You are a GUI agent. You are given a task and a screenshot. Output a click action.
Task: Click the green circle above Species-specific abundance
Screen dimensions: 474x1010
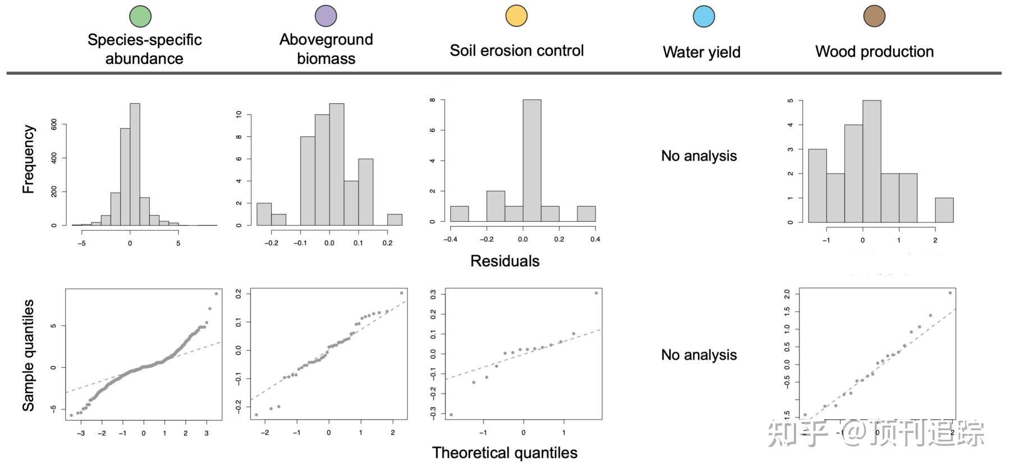(140, 16)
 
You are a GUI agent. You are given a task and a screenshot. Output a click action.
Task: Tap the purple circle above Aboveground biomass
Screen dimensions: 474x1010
(326, 16)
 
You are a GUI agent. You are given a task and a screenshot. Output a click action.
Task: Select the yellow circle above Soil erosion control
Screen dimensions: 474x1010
(516, 16)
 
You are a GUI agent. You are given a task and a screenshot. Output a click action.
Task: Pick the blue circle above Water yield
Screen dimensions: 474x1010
(703, 16)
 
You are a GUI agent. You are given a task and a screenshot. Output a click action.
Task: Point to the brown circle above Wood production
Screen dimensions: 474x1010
(874, 16)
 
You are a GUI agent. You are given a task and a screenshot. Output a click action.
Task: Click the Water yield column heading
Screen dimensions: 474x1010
(701, 52)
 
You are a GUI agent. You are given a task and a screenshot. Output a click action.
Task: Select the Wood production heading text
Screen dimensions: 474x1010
(874, 52)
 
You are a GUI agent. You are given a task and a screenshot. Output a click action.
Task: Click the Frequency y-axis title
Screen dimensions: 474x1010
(28, 159)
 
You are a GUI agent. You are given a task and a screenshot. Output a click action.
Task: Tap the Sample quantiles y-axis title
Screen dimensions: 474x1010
(28, 355)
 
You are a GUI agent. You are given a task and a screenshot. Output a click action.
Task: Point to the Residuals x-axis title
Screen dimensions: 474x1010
(505, 261)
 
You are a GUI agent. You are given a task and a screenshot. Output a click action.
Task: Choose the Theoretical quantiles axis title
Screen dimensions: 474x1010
(505, 453)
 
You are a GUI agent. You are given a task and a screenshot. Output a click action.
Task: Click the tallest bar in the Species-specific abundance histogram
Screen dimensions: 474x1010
(135, 164)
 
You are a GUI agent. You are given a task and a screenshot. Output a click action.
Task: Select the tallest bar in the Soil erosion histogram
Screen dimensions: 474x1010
(532, 161)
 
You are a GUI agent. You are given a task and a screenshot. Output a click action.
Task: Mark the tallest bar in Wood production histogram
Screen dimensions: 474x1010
(871, 161)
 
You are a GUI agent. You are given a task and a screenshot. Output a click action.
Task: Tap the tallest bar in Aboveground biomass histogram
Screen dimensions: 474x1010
(336, 164)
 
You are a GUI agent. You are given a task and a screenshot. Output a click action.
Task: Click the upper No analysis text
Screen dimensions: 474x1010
(698, 156)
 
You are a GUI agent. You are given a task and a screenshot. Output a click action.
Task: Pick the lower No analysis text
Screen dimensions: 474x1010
(698, 355)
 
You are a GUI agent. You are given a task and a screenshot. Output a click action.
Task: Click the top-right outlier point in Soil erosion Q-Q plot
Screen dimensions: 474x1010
(596, 293)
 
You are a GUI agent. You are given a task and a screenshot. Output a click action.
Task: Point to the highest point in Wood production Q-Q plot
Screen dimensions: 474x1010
(950, 293)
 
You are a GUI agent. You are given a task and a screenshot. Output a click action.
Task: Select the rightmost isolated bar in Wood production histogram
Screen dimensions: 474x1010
(944, 210)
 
